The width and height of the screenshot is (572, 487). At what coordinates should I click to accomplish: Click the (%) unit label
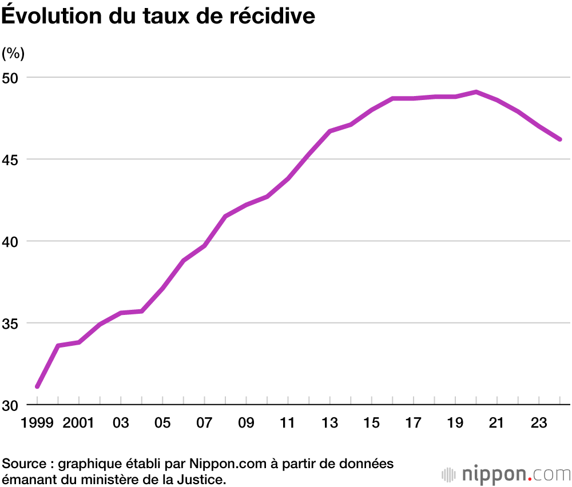13,54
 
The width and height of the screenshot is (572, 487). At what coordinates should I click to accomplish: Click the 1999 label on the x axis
37,424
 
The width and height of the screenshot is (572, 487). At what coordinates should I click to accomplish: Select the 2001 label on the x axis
79,424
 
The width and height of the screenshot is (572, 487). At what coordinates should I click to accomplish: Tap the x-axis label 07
204,424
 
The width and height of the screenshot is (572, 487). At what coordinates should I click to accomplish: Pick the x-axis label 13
329,424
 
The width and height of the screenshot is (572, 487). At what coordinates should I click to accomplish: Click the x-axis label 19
455,424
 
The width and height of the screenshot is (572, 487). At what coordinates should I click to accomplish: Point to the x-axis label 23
538,424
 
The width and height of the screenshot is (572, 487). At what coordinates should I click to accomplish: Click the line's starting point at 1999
37,387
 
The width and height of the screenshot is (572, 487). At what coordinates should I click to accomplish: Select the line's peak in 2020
476,91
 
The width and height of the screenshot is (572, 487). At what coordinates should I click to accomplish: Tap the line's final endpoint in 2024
560,139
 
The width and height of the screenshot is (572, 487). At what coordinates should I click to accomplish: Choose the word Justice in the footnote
201,478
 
